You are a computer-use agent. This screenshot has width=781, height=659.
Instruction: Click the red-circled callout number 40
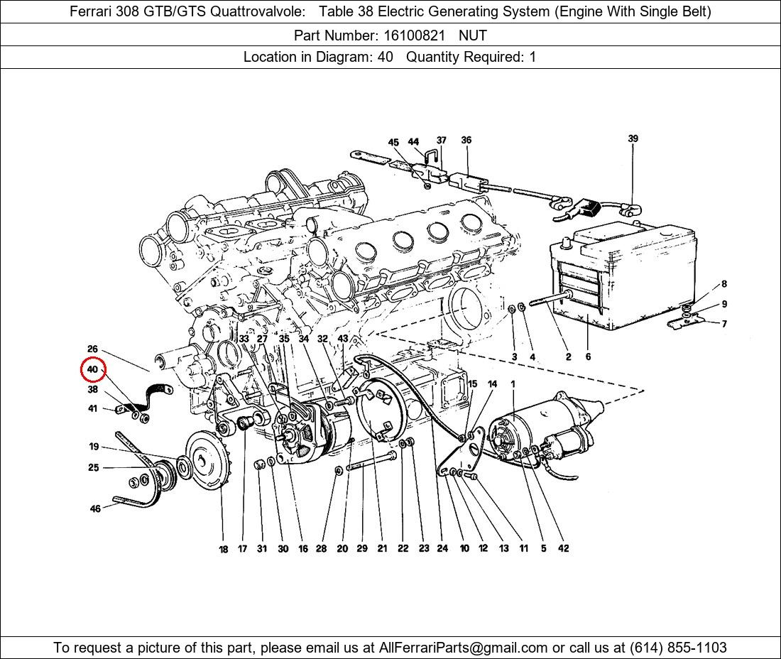tap(92, 369)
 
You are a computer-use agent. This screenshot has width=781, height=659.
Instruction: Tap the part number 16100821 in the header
tap(414, 36)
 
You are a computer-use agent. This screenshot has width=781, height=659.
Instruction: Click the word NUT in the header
tap(473, 36)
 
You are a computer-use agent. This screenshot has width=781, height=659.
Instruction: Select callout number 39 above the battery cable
tap(633, 138)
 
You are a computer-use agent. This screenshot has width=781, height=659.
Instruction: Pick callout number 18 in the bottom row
tap(223, 549)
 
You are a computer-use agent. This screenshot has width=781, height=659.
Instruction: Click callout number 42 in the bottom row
tap(563, 548)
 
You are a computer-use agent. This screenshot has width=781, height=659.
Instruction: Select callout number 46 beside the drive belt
tap(95, 508)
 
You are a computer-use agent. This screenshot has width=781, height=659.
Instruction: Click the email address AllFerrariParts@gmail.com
tap(463, 648)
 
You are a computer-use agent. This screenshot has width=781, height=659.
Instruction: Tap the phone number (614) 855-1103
tap(678, 648)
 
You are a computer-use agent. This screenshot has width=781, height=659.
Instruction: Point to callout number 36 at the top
tap(466, 140)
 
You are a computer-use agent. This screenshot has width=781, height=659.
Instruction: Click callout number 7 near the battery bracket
tap(724, 324)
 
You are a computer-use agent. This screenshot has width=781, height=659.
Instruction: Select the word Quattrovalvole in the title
tap(258, 11)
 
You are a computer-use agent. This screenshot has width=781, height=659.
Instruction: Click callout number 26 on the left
tap(92, 349)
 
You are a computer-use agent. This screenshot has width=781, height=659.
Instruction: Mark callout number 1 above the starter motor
tap(513, 384)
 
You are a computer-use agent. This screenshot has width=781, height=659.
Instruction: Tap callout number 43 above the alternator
tap(343, 339)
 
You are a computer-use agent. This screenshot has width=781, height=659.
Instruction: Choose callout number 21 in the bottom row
tap(382, 548)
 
